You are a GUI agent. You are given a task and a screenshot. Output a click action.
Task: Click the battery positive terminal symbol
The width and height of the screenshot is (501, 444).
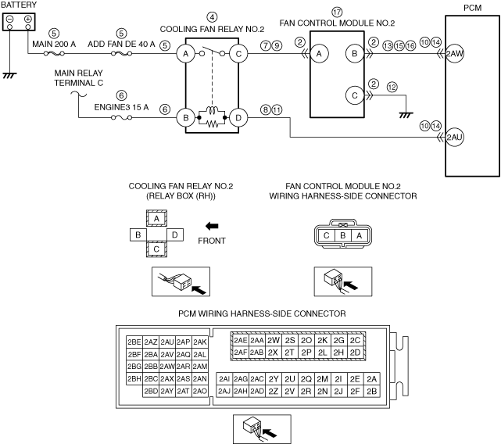[x=28, y=19]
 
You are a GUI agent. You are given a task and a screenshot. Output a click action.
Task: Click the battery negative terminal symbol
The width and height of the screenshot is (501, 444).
[x=10, y=19]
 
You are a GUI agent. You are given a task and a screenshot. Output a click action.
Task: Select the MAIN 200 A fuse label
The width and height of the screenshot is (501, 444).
[x=54, y=44]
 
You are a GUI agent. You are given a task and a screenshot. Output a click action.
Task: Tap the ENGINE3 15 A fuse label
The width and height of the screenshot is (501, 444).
[x=121, y=107]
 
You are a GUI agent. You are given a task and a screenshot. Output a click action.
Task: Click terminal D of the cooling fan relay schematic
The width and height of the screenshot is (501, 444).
[x=238, y=118]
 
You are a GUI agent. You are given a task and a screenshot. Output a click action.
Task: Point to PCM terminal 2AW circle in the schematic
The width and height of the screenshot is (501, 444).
[x=454, y=54]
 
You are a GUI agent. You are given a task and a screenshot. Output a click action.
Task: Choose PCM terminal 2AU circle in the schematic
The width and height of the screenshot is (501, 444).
[x=454, y=138]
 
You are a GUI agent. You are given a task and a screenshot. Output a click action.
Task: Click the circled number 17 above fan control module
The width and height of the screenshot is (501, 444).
[x=337, y=13]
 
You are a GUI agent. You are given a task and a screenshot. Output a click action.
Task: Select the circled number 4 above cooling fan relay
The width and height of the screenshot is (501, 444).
[x=212, y=17]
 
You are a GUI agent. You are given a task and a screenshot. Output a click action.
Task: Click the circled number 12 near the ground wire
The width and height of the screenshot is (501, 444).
[x=392, y=87]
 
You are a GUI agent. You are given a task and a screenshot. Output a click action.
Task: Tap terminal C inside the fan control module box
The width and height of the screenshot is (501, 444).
[x=355, y=95]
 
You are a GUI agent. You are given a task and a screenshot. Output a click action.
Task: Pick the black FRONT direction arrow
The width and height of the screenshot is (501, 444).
[x=212, y=227]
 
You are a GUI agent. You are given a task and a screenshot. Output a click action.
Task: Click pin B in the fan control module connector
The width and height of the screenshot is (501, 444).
[x=343, y=235]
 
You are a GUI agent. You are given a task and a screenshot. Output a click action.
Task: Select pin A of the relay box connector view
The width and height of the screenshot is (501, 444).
[x=156, y=219]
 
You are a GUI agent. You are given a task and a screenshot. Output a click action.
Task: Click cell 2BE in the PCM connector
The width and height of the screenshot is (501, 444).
[x=134, y=342]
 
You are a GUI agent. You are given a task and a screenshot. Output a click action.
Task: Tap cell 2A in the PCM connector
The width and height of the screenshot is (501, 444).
[x=371, y=379]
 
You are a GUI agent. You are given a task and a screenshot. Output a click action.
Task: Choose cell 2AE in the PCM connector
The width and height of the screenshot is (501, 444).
[x=241, y=340]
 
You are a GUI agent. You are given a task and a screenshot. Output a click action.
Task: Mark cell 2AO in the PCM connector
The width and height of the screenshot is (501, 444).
[x=200, y=392]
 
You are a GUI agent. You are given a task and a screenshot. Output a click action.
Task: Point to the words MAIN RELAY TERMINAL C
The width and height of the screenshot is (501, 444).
[x=79, y=78]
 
